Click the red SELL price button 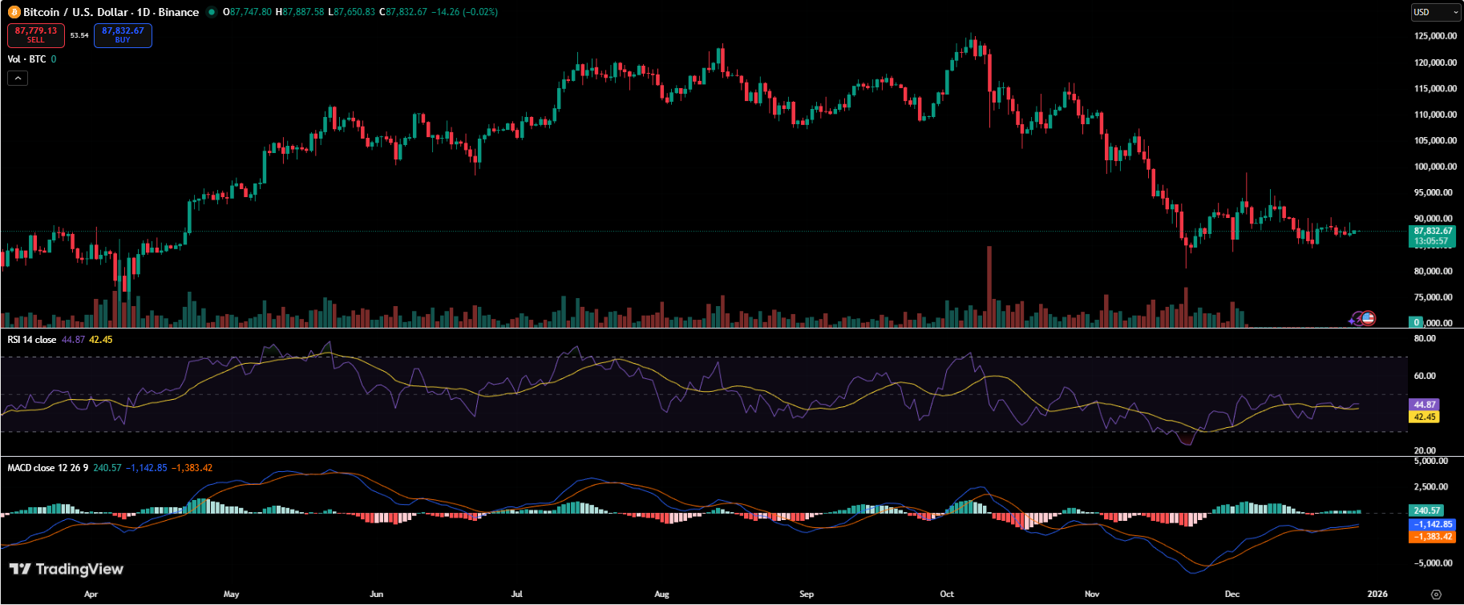pyautogui.click(x=36, y=35)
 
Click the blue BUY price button pyautogui.click(x=123, y=35)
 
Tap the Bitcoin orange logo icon pyautogui.click(x=14, y=12)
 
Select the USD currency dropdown pyautogui.click(x=1435, y=12)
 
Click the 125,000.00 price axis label pyautogui.click(x=1435, y=36)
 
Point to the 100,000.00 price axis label pyautogui.click(x=1435, y=167)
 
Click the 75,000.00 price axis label pyautogui.click(x=1435, y=297)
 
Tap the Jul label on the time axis pyautogui.click(x=516, y=594)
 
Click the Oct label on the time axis pyautogui.click(x=947, y=594)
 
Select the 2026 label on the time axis pyautogui.click(x=1377, y=594)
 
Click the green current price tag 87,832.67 pyautogui.click(x=1432, y=232)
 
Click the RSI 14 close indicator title pyautogui.click(x=32, y=340)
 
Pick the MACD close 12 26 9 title pyautogui.click(x=48, y=468)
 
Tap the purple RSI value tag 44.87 pyautogui.click(x=1424, y=405)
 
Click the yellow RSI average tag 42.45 pyautogui.click(x=1424, y=417)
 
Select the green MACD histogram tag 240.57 pyautogui.click(x=1426, y=510)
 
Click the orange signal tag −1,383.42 pyautogui.click(x=1432, y=537)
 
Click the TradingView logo pyautogui.click(x=67, y=569)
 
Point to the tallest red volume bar pyautogui.click(x=989, y=286)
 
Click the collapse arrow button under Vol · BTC pyautogui.click(x=18, y=78)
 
